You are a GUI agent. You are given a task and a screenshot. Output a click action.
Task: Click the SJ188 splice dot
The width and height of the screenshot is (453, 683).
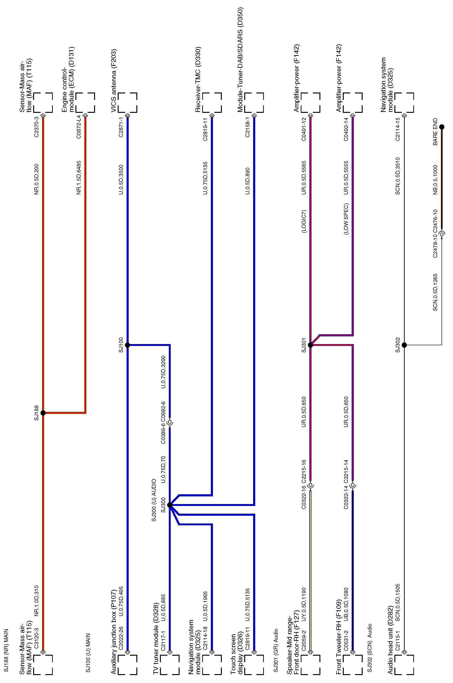(x=43, y=413)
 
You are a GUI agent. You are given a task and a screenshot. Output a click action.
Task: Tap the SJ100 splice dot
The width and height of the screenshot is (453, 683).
(x=127, y=345)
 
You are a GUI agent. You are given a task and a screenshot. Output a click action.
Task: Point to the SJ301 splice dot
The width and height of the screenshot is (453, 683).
(x=311, y=345)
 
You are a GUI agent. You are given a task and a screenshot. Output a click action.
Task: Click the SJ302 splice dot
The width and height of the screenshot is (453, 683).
(x=404, y=345)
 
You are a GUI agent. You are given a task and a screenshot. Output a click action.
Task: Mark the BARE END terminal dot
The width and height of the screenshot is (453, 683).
(x=442, y=127)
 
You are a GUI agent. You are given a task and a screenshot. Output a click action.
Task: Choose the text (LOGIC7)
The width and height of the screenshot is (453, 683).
(x=304, y=222)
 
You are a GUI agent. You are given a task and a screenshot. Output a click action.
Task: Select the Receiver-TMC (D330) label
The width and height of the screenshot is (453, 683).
(x=198, y=79)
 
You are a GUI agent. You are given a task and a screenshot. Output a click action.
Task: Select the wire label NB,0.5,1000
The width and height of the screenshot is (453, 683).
(x=435, y=180)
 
